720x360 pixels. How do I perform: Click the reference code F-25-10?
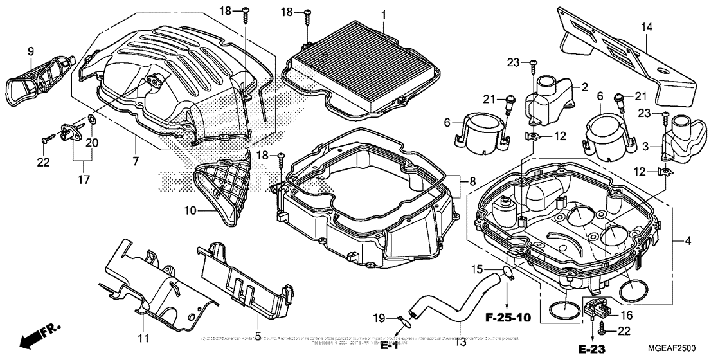point(509,317)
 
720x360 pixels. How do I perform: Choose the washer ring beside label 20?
point(93,120)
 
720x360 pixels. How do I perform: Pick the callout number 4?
point(688,242)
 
